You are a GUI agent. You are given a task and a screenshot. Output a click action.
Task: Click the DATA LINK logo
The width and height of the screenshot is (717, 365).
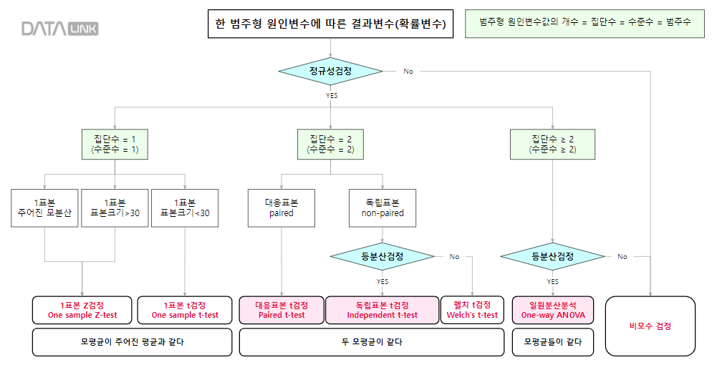point(60,29)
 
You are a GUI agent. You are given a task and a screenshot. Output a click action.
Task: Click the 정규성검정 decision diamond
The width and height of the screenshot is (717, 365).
point(330,71)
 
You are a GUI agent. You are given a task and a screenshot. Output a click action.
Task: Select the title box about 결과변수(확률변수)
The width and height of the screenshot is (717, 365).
point(330,24)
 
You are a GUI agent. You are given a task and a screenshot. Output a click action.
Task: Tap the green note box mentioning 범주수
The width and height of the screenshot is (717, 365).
point(584,23)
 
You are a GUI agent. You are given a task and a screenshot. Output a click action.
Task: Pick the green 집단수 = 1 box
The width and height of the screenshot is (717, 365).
point(115,144)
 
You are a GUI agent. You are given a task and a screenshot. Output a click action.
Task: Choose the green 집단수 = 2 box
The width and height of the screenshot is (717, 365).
point(330,144)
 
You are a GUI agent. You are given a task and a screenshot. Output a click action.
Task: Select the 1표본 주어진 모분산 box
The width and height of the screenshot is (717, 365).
point(44,208)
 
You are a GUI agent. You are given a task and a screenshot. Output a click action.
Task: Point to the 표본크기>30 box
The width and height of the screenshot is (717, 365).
point(115,208)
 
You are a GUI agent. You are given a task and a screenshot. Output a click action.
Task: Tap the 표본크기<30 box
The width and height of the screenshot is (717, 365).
point(185,208)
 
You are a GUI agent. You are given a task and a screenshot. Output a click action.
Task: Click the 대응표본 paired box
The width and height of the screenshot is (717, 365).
point(281,208)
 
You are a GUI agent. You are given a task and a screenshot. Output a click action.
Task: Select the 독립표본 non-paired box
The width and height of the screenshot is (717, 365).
point(382,208)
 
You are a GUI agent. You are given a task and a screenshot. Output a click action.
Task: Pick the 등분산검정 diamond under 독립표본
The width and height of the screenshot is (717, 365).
point(382,256)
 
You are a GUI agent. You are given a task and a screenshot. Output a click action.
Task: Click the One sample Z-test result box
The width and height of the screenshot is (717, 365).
point(82,310)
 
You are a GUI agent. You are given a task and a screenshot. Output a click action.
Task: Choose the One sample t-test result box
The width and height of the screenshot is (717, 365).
point(185,310)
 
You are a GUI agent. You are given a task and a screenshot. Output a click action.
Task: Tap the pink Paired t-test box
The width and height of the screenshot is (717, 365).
point(281,310)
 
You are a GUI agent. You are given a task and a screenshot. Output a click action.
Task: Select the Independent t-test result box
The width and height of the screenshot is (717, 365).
point(382,310)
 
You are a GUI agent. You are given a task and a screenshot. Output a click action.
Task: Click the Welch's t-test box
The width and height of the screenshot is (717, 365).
point(472,310)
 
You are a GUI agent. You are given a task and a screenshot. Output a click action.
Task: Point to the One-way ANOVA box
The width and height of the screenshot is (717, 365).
point(553,310)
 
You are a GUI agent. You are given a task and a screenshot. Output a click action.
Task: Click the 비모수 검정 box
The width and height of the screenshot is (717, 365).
point(650,326)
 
